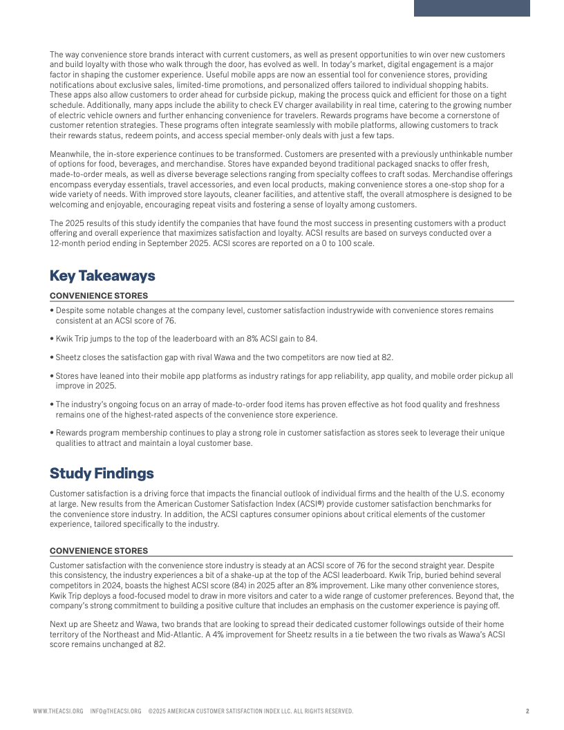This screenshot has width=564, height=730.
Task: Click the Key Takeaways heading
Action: coord(102,276)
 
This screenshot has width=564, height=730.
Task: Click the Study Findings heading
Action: coord(102,474)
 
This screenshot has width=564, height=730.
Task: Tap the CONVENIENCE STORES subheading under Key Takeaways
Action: coord(99,296)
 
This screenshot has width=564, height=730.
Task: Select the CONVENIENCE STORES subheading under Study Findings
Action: coord(99,551)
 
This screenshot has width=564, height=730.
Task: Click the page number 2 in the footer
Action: coord(527,711)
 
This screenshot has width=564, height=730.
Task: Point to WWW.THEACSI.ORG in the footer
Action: coord(58,711)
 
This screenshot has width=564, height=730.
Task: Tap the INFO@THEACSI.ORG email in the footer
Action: coord(115,711)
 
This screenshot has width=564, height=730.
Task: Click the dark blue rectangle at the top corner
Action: coord(471,8)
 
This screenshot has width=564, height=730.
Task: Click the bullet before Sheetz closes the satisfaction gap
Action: coord(52,357)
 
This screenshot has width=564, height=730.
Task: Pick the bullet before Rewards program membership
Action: coord(52,433)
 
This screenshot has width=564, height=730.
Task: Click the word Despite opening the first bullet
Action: coord(70,310)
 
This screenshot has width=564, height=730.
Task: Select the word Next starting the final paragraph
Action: coord(59,624)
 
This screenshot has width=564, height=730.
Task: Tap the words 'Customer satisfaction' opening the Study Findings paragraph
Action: coord(84,494)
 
